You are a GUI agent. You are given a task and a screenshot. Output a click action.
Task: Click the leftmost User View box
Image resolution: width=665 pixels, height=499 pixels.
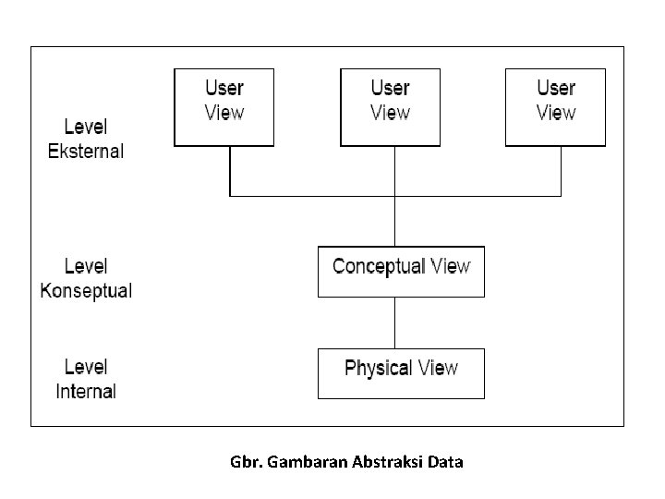[224, 107]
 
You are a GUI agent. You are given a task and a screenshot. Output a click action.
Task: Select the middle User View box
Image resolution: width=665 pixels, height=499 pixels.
[391, 107]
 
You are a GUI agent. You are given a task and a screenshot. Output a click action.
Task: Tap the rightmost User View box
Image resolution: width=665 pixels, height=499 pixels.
[556, 107]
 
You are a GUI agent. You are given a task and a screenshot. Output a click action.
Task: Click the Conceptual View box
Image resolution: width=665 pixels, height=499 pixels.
[401, 271]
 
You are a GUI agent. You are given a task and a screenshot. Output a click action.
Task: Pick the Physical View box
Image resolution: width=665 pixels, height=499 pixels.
[401, 372]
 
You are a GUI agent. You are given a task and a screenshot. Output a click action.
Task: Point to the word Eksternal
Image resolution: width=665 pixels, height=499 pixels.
[86, 152]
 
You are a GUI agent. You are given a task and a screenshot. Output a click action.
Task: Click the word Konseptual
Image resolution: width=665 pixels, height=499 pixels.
[86, 291]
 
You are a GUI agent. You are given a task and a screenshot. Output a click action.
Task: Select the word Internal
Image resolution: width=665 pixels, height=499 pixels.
[86, 392]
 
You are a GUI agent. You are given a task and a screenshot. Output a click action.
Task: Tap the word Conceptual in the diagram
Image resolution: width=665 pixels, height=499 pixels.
[379, 267]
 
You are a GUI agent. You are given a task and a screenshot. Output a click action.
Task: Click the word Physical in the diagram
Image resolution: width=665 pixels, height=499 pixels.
[378, 369]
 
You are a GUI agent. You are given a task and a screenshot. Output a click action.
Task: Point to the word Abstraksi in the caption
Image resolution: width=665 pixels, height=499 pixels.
[388, 461]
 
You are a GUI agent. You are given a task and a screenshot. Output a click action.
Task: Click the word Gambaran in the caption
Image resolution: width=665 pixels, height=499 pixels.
[308, 461]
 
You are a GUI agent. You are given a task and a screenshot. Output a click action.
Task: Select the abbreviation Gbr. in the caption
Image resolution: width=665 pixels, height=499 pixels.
[247, 461]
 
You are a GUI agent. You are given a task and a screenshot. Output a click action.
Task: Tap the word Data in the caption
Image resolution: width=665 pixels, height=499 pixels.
[446, 461]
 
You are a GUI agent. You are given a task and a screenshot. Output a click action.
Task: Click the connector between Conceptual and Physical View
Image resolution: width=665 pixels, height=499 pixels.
[395, 323]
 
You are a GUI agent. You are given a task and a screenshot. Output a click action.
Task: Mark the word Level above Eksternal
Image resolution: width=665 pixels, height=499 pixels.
[86, 127]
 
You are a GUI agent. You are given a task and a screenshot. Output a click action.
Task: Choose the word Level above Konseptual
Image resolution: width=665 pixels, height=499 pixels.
[86, 266]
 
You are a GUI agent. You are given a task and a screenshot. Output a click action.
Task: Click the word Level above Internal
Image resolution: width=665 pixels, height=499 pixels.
[86, 367]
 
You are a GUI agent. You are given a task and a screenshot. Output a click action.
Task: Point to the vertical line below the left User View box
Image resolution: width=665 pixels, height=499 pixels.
[230, 171]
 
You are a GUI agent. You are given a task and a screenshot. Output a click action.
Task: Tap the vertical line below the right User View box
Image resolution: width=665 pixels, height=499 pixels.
[561, 171]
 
